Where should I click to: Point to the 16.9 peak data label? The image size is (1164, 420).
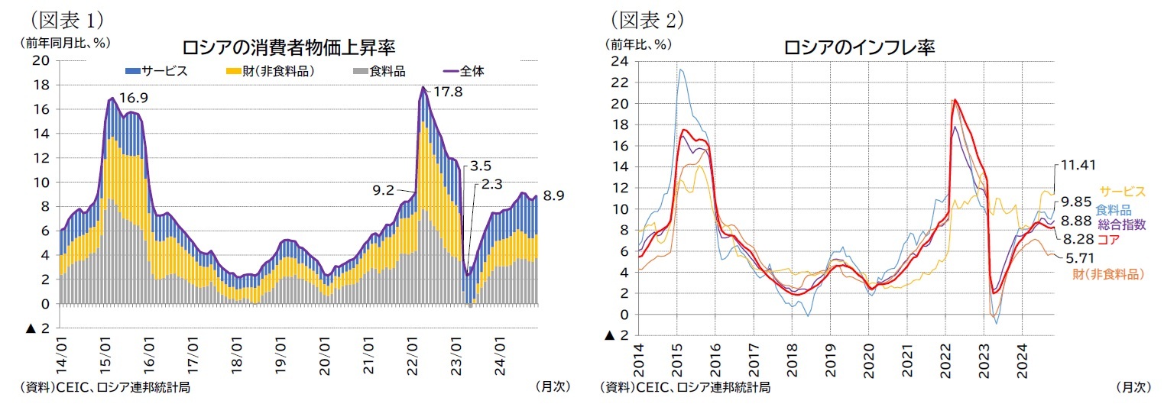coord(134,98)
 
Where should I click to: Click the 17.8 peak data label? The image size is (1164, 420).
coord(448,92)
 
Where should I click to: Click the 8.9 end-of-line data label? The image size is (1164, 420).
coord(553,196)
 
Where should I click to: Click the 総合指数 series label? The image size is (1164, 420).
coord(1123,225)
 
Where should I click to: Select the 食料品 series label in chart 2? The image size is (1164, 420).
coord(1113,209)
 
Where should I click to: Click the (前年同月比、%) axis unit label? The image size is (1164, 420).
coord(66,44)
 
